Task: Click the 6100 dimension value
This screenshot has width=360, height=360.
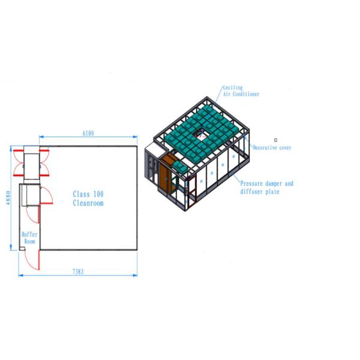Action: coord(88,133)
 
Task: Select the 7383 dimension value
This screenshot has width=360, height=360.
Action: coord(78,272)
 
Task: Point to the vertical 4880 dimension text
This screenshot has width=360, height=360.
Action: coord(8,198)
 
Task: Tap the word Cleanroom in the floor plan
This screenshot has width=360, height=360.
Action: coord(88,203)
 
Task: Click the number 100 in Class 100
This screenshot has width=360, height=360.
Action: coord(98,194)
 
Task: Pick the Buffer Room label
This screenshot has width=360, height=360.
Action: coord(29,238)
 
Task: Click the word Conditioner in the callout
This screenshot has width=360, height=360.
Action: coord(245,94)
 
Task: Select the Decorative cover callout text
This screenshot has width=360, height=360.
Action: coord(272,148)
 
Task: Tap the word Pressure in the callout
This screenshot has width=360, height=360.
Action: coord(251,184)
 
